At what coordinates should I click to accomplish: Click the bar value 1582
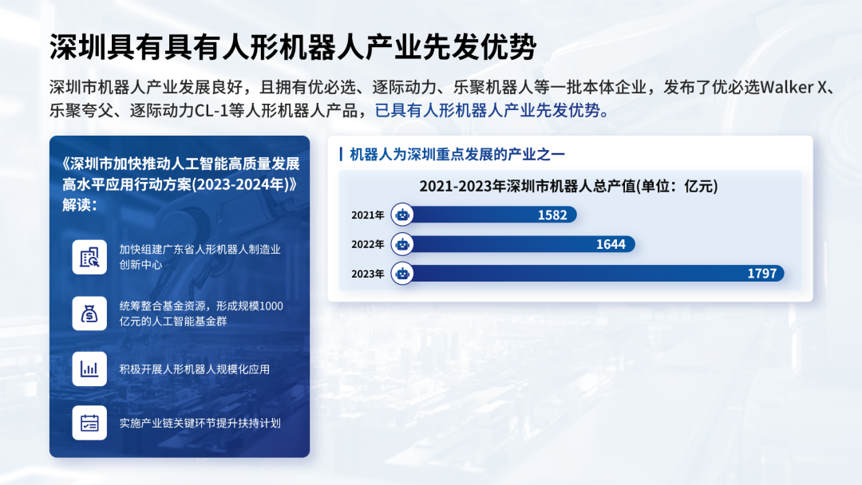[x=552, y=215]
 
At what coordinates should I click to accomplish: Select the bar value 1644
[x=611, y=244]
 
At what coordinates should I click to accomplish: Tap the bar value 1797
[x=762, y=274]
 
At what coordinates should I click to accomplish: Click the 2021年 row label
[x=367, y=215]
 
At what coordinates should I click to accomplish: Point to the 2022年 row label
[x=367, y=244]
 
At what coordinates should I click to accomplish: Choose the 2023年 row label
[x=367, y=274]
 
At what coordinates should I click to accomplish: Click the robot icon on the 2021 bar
[x=402, y=215]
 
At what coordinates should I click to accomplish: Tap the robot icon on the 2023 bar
[x=402, y=274]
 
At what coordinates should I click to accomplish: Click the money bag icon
[x=89, y=313]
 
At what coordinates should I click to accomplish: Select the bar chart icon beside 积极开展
[x=89, y=369]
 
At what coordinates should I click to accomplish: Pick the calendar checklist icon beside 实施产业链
[x=89, y=423]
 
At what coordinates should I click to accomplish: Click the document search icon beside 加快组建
[x=89, y=257]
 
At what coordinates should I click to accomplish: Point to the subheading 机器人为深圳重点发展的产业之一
[x=457, y=154]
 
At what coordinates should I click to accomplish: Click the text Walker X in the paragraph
[x=793, y=87]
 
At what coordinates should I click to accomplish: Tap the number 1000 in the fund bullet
[x=271, y=306]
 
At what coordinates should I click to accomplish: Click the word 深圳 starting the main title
[x=77, y=47]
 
